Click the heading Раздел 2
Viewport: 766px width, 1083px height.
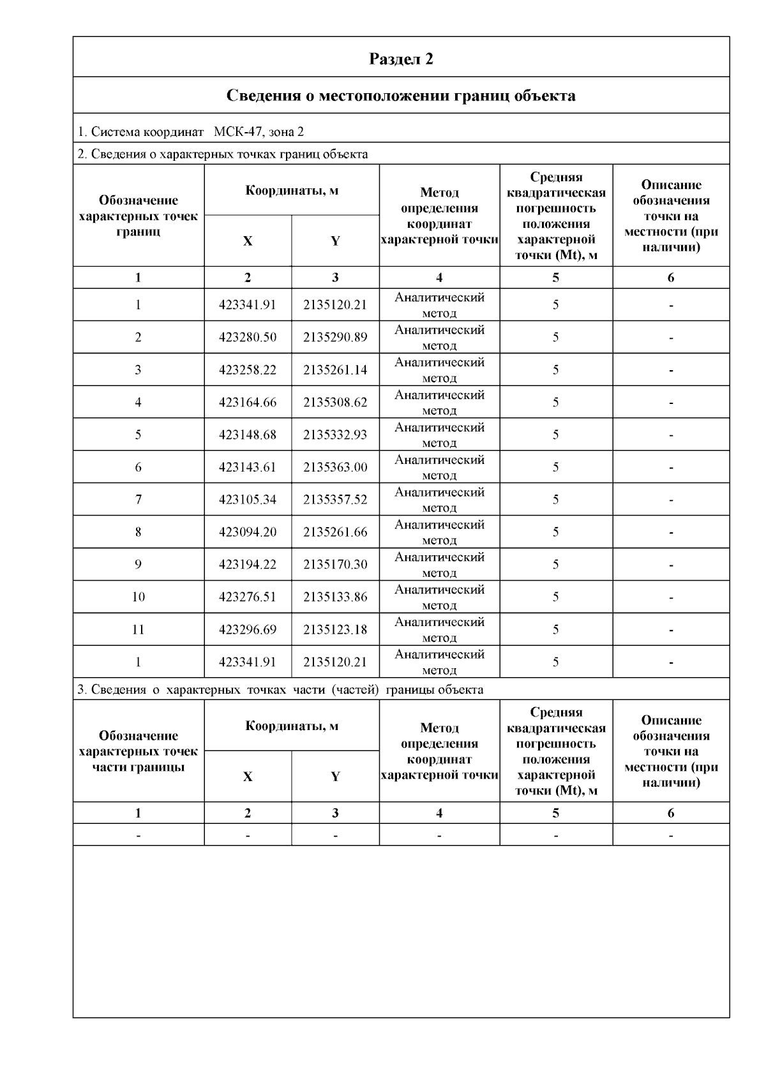(x=401, y=59)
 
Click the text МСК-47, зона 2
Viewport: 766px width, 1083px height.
(x=259, y=132)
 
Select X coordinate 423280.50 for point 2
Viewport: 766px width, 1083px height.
(x=248, y=338)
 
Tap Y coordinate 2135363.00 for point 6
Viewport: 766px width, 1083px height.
(x=335, y=468)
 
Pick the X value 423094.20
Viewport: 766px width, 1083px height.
(x=248, y=532)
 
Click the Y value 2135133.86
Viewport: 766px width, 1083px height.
(x=335, y=597)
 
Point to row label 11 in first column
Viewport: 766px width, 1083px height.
(x=139, y=630)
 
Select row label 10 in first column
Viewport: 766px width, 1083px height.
(x=139, y=597)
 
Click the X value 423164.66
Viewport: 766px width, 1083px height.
(x=248, y=403)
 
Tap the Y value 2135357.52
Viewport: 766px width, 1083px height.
(x=335, y=500)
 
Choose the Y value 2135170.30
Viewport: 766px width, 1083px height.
(x=335, y=565)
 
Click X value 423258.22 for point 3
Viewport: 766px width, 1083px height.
(x=248, y=370)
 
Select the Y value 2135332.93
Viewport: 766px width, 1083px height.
(x=335, y=435)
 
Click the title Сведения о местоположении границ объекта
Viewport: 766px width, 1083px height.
(x=401, y=96)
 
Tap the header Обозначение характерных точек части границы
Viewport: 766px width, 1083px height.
(x=139, y=751)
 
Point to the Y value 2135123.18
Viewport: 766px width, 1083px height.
(x=335, y=630)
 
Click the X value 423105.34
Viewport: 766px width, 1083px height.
(x=248, y=500)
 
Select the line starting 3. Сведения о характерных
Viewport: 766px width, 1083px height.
(x=280, y=690)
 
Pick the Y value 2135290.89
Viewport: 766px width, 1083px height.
(x=335, y=338)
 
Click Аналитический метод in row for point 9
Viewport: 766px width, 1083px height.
(x=439, y=565)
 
